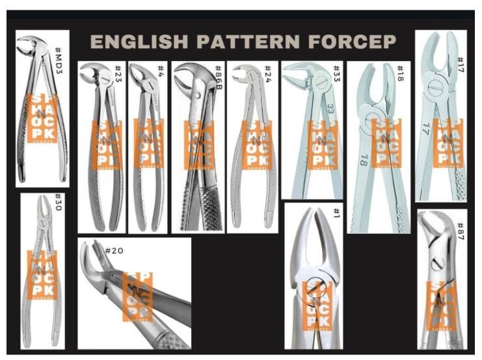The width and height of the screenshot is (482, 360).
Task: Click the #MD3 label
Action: click(x=59, y=47)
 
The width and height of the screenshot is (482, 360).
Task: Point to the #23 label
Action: click(x=118, y=73)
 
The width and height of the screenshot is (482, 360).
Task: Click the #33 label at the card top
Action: click(x=336, y=72)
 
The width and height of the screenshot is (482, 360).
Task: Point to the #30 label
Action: click(x=57, y=204)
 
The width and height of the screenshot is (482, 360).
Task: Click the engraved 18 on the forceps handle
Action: click(x=362, y=159)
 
